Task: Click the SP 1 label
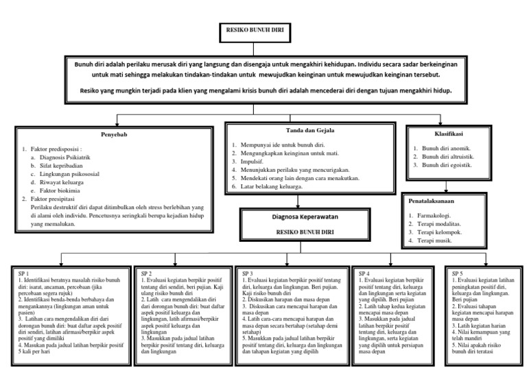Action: coord(25,273)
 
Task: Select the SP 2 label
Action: coord(145,273)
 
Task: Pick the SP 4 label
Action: coord(364,273)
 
